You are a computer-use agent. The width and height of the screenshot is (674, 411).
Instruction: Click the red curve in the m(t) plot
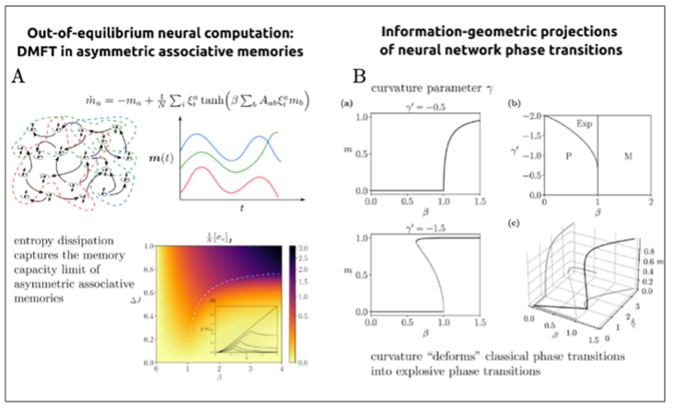(231, 175)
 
